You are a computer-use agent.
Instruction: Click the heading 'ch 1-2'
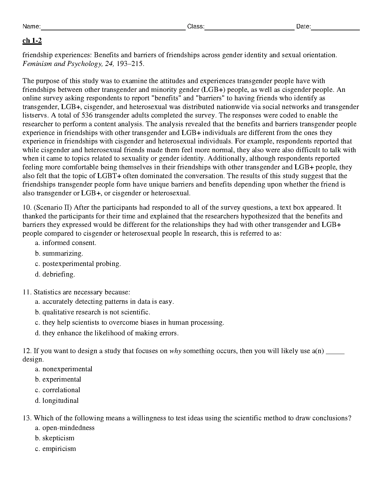pos(32,41)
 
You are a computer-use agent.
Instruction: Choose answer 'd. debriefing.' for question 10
pos(55,274)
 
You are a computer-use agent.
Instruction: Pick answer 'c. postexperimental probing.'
pos(78,264)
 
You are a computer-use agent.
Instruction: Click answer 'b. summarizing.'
pos(59,253)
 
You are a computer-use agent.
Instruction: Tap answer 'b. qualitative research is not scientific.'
pos(93,312)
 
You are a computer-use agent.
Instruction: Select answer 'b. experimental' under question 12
pos(58,379)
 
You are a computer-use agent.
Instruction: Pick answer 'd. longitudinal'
pos(57,401)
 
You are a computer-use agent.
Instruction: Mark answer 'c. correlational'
pos(58,390)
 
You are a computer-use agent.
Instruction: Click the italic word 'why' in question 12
pos(175,351)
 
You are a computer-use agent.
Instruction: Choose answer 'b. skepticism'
pos(55,438)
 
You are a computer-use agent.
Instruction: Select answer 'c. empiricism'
pos(56,449)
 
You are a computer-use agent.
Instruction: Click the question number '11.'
pos(27,292)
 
